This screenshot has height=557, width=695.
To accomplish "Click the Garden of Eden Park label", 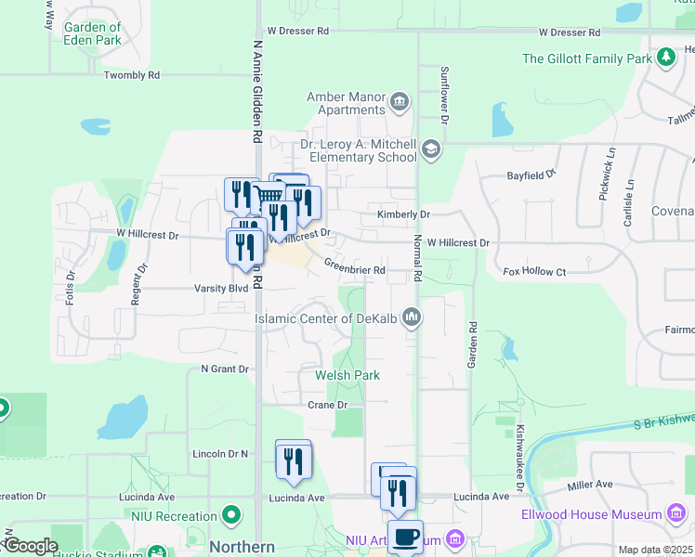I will pyautogui.click(x=92, y=33).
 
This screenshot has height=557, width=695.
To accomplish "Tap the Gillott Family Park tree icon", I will pyautogui.click(x=665, y=58).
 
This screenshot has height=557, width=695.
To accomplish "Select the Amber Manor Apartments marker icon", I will pyautogui.click(x=400, y=100).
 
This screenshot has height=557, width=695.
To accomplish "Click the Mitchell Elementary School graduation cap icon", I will pyautogui.click(x=430, y=149).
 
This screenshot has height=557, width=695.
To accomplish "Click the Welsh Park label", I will pyautogui.click(x=347, y=375).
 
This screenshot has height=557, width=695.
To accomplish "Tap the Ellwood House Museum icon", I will pyautogui.click(x=676, y=514).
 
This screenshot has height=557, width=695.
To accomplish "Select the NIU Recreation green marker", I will pyautogui.click(x=231, y=515).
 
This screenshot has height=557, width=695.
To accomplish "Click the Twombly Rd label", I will pyautogui.click(x=132, y=75).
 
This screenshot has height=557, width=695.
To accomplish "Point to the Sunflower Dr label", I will pyautogui.click(x=444, y=96).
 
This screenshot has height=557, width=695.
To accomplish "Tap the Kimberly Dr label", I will pyautogui.click(x=403, y=214).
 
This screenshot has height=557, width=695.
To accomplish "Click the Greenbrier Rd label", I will pyautogui.click(x=354, y=266).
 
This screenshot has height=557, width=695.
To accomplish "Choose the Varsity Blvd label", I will pyautogui.click(x=221, y=288).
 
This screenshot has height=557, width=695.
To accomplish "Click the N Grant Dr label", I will pyautogui.click(x=226, y=369).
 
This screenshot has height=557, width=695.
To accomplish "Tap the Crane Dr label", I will pyautogui.click(x=327, y=405).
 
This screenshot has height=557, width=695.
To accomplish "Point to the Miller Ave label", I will pyautogui.click(x=590, y=485).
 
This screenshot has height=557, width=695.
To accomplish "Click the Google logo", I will pyautogui.click(x=30, y=545).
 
